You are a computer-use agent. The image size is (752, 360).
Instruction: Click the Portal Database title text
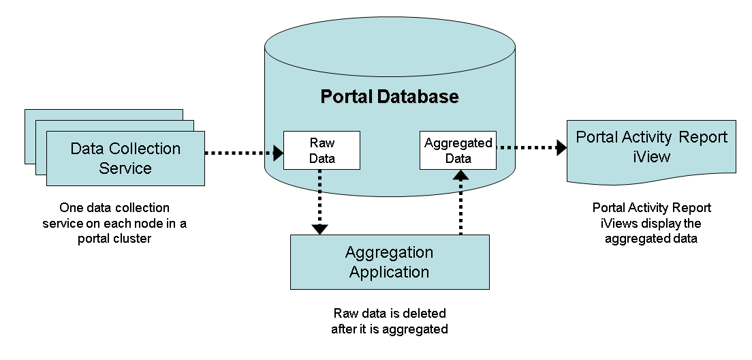[x=390, y=97]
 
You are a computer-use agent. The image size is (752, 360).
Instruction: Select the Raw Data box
[x=322, y=151]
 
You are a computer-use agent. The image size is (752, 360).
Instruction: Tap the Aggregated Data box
[x=458, y=151]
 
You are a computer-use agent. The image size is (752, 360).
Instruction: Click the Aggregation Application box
[x=389, y=262]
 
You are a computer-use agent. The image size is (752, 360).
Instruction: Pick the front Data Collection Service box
[x=125, y=158]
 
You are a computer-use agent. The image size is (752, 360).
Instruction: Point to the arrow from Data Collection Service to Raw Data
[x=242, y=153]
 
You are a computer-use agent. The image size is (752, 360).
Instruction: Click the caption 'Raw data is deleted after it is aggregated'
[x=390, y=321]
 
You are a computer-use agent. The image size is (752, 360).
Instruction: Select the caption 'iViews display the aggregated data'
[x=651, y=224]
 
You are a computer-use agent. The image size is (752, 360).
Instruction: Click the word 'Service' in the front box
[x=125, y=168]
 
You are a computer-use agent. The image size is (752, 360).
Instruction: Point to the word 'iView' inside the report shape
[x=651, y=157]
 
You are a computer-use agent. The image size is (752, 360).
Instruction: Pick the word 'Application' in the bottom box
[x=389, y=271]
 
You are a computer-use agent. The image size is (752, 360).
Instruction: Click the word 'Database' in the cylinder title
[x=418, y=97]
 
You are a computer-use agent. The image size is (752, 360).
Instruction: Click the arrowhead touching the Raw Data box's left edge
[x=279, y=153]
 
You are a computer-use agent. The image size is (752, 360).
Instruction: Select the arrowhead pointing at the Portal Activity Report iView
[x=562, y=147]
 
